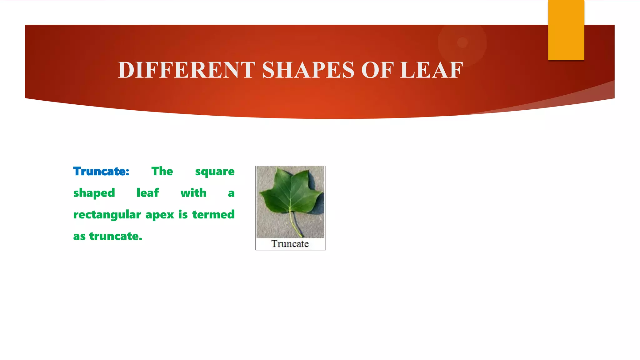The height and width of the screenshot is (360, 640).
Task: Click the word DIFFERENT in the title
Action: pos(186,70)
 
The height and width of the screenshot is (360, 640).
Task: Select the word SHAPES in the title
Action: pos(308,70)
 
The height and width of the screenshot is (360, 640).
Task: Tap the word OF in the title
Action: pos(377,70)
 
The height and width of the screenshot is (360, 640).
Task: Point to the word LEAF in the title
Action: pos(432,70)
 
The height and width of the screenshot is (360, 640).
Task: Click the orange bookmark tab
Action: pos(566,30)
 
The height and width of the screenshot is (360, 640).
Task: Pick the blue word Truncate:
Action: pos(101,171)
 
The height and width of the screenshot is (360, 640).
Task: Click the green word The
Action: pos(162,171)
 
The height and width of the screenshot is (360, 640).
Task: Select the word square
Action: pos(215,172)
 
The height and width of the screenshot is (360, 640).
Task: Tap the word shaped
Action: pos(94,193)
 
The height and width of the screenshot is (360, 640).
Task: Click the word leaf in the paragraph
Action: pos(147,193)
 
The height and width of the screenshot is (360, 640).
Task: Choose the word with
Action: pos(193,193)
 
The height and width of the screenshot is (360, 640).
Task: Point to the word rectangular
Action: pos(107,215)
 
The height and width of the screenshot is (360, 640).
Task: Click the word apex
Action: pos(160,215)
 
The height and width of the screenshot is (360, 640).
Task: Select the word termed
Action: pos(213,214)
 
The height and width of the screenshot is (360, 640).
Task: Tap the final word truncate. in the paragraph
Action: pos(116,236)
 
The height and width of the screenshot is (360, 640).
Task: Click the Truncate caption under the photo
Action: pos(290,244)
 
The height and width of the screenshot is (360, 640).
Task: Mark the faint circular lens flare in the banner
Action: pos(462,42)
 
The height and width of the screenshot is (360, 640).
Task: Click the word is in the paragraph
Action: pos(183,214)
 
